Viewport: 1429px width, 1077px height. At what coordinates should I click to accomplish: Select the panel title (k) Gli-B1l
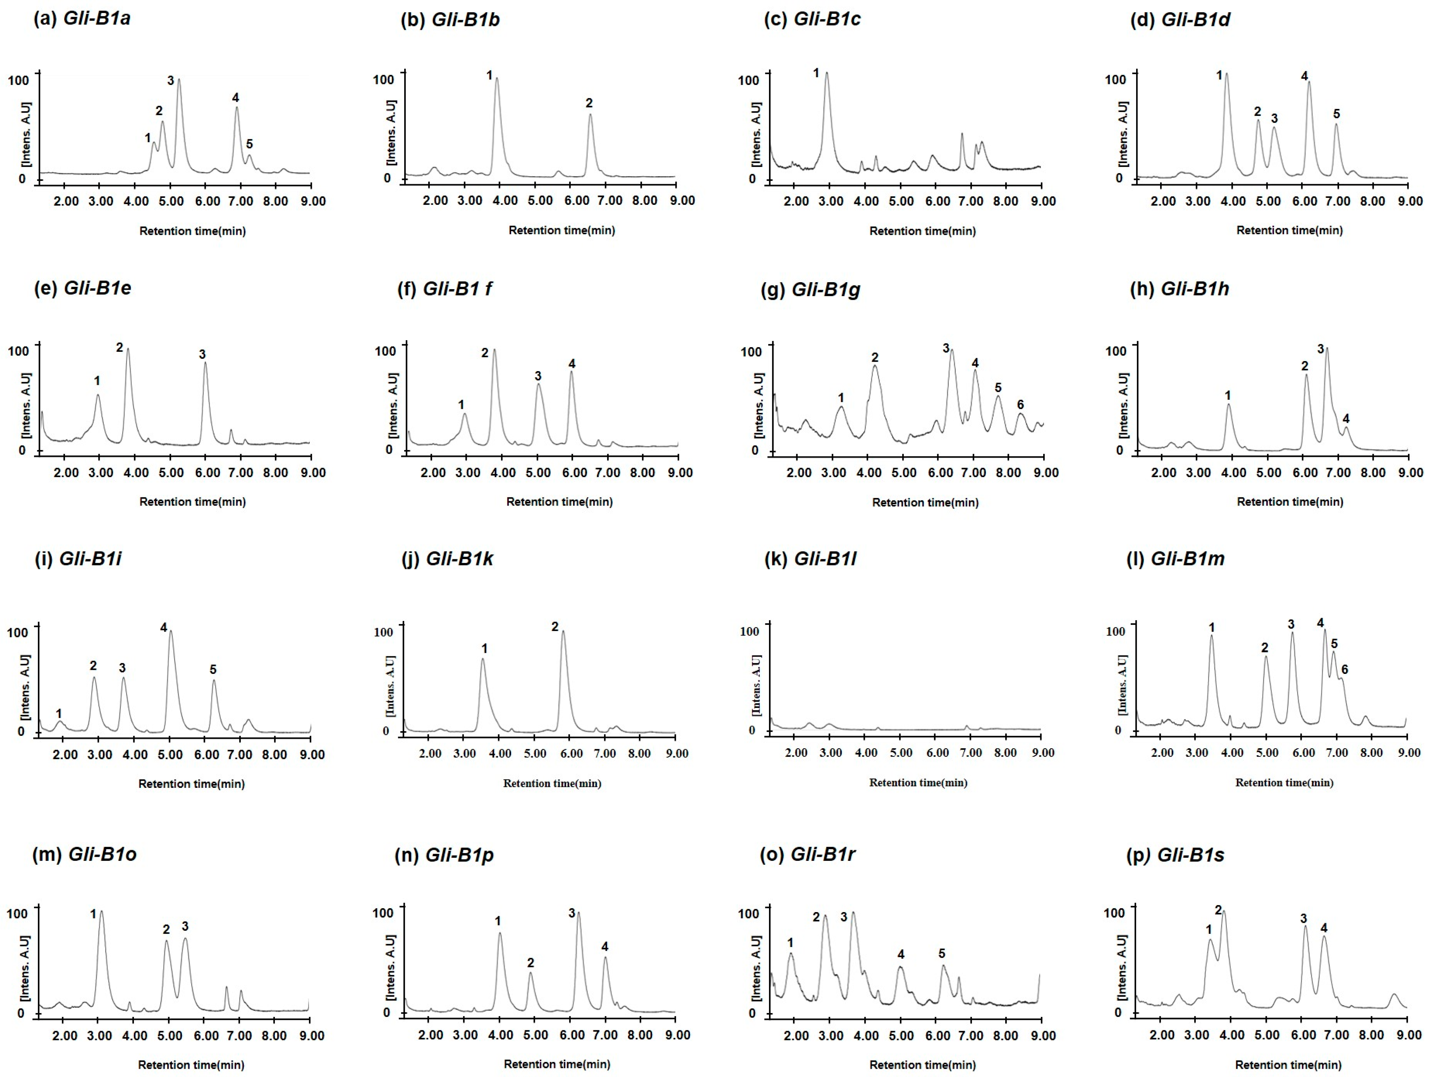(x=810, y=559)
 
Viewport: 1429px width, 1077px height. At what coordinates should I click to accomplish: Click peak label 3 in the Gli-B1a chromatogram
(x=171, y=81)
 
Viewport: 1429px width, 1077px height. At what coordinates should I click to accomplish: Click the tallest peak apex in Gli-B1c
(x=826, y=73)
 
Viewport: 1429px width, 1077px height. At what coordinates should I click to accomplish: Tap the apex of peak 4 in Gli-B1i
(x=171, y=631)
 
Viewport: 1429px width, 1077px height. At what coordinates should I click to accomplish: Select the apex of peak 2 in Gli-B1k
(x=563, y=631)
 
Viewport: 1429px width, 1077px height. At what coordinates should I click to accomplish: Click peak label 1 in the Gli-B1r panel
(x=790, y=943)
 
